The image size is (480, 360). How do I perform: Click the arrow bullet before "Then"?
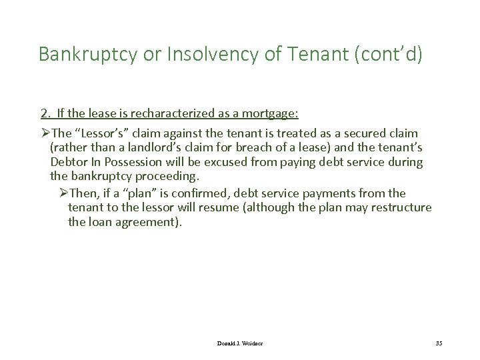coord(64,193)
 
